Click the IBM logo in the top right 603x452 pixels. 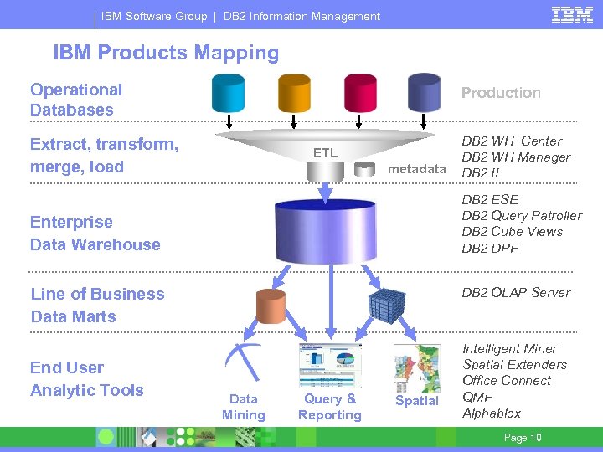coord(573,14)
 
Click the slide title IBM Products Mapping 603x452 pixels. coord(166,53)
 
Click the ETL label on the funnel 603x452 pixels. coord(325,153)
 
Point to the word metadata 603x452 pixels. coord(419,169)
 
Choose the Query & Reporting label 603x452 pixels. coord(330,407)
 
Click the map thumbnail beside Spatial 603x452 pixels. coord(416,368)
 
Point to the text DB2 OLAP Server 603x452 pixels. coord(516,293)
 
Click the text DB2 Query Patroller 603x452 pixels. coord(522,216)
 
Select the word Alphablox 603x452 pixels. coord(492,413)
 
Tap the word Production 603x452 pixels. coord(501,93)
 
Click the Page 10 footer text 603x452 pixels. coord(523,438)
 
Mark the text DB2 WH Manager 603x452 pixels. coord(516,157)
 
